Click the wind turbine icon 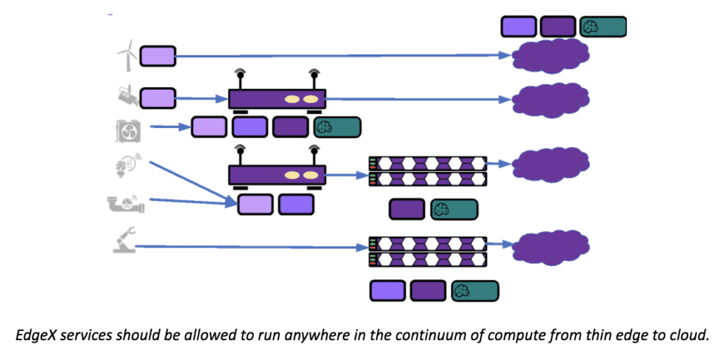point(126,54)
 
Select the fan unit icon point(128,130)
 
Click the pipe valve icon point(126,204)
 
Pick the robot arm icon point(124,243)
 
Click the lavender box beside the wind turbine point(158,56)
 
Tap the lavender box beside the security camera point(158,98)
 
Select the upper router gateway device point(276,99)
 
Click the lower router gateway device point(276,175)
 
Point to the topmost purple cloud point(551,55)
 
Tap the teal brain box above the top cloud point(603,27)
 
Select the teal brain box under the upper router point(337,127)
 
